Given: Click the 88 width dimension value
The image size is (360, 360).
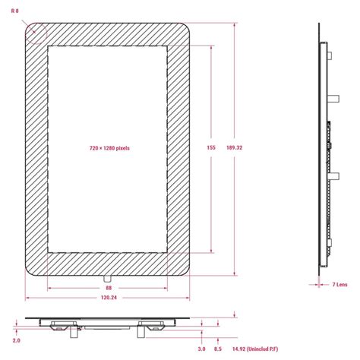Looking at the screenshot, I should click(x=108, y=289).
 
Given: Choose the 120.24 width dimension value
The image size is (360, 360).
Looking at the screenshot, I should click(x=108, y=298).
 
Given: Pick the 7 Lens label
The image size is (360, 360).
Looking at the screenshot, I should click(x=339, y=284).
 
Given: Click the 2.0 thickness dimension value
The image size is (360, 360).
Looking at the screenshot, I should click(x=17, y=341).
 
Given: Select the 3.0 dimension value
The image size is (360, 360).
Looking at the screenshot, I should click(x=202, y=349).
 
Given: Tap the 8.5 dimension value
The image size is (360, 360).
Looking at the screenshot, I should click(x=218, y=349).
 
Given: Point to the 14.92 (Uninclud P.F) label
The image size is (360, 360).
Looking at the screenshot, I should click(x=256, y=349).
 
